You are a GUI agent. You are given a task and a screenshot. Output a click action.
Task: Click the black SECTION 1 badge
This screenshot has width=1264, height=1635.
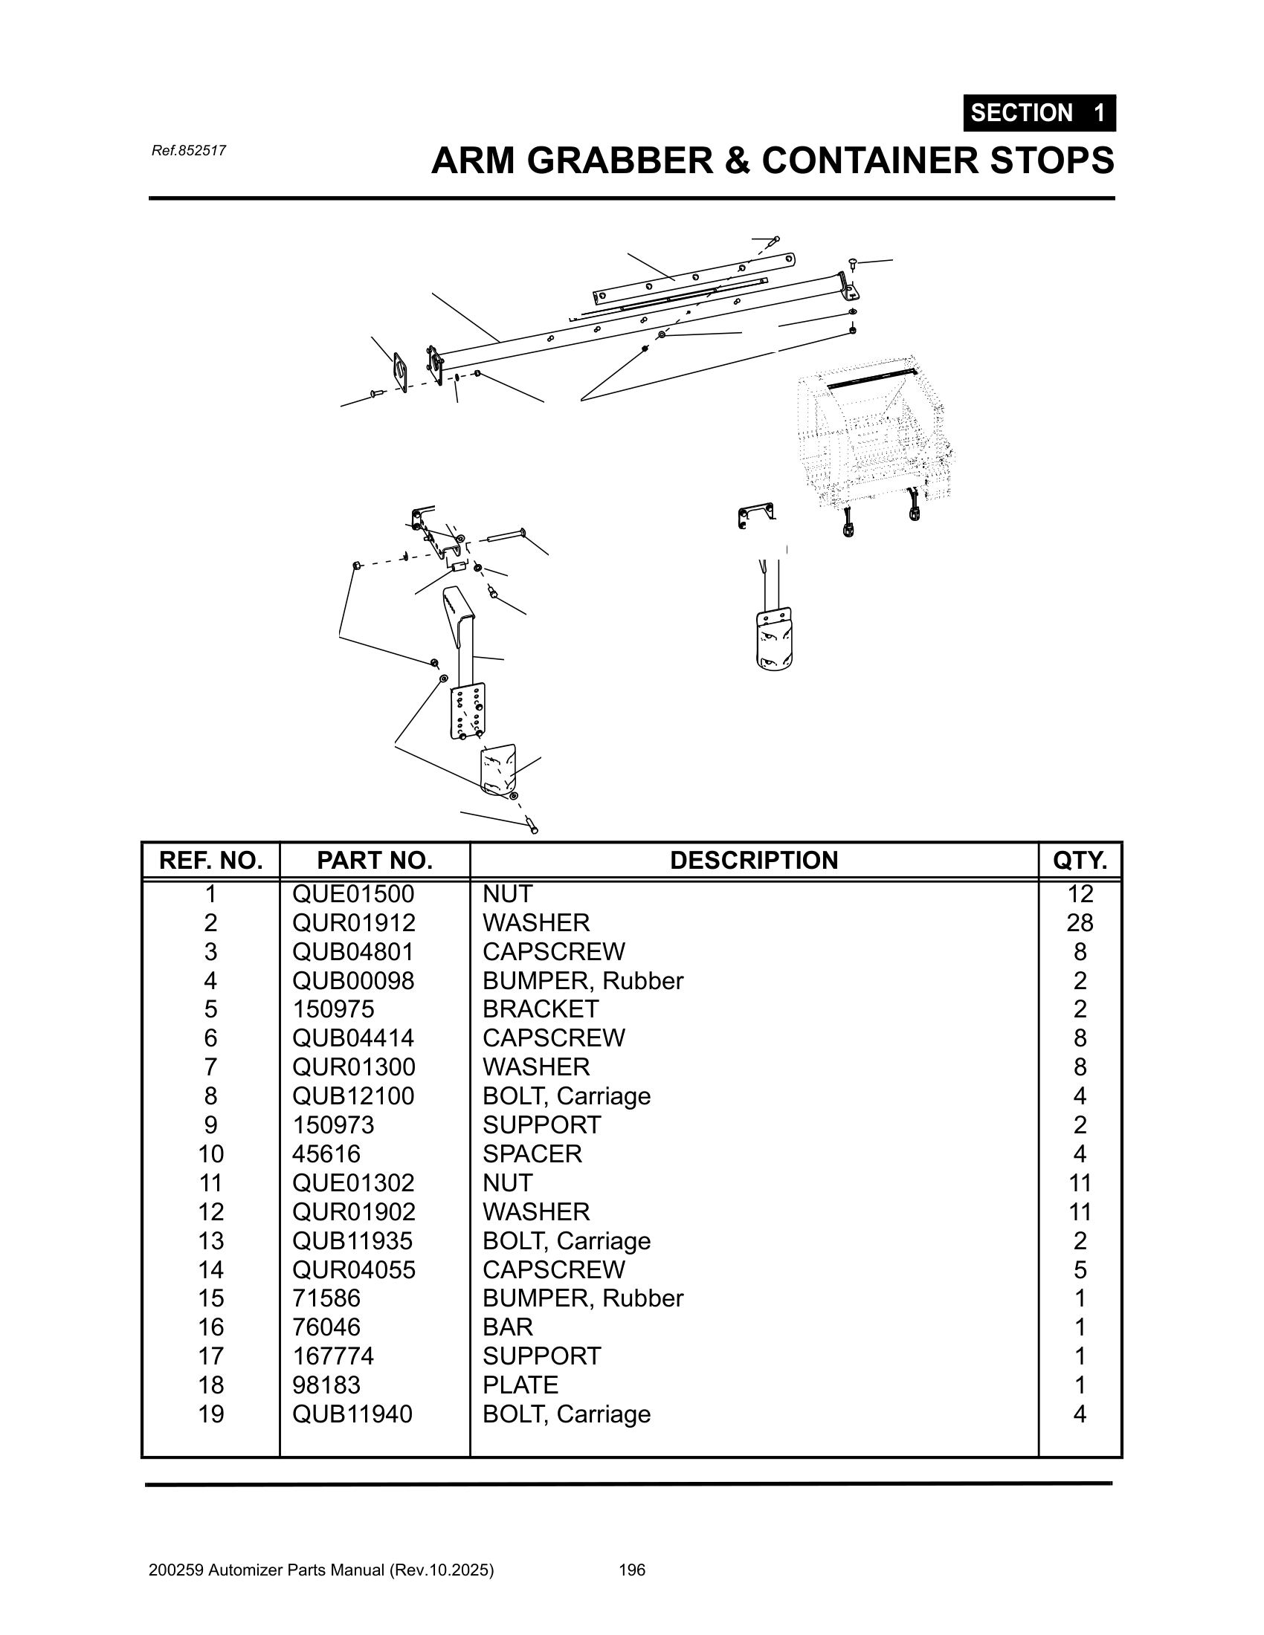1039,113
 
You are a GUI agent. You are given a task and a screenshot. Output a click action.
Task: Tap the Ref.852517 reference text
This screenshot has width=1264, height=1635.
189,150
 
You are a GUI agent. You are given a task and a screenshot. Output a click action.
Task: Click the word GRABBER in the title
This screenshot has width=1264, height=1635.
620,161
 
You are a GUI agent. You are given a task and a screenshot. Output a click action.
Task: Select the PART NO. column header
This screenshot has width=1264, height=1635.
375,860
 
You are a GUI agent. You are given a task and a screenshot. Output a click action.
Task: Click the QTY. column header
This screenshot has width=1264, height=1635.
1079,860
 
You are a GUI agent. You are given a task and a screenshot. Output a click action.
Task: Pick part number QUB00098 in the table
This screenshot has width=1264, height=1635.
352,980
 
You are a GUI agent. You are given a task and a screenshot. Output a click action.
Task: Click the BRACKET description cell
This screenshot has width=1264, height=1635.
540,1008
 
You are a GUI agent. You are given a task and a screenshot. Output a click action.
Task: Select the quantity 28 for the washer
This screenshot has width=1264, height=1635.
1079,922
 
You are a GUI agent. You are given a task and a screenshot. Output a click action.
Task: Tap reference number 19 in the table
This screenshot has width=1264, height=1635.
210,1414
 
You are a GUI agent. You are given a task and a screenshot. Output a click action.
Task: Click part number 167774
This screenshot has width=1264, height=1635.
332,1356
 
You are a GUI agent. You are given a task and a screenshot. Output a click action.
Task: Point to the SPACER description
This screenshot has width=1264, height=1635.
532,1153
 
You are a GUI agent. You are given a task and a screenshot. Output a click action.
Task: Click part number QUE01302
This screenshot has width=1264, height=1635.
352,1183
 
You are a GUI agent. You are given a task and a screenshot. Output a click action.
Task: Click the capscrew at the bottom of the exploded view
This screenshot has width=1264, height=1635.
531,825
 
